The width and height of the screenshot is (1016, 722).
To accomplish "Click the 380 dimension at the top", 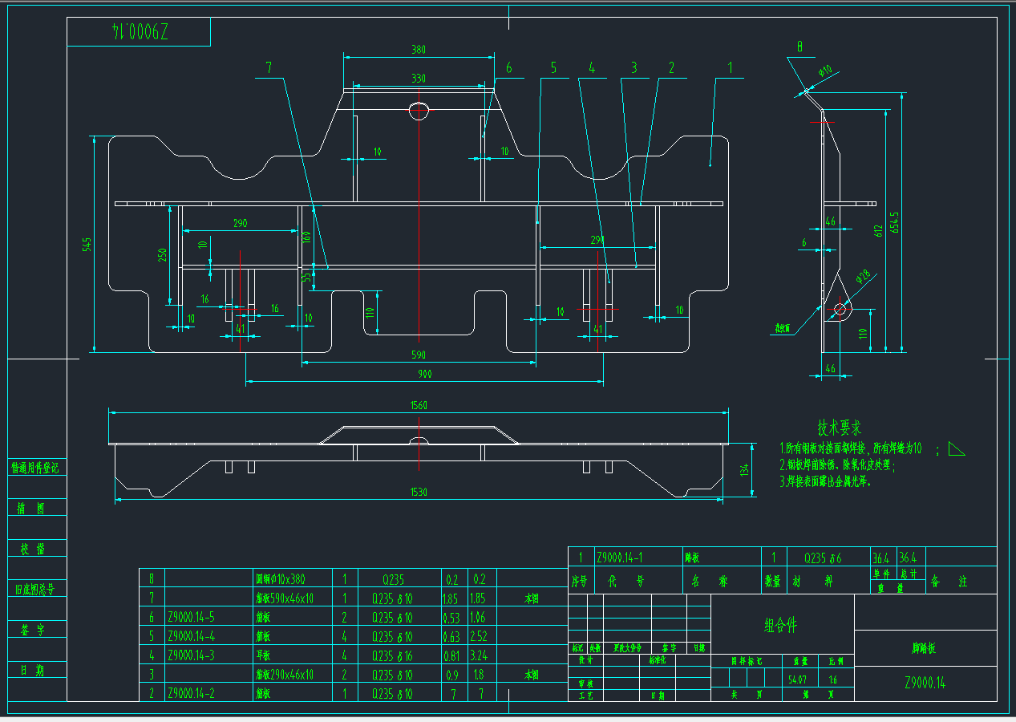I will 418,49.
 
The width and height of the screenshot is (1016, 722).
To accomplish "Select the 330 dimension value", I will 418,78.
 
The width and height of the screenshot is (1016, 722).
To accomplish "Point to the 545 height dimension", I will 88,243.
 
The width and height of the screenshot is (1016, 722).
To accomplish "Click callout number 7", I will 269,69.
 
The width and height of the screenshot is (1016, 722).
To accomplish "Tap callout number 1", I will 730,69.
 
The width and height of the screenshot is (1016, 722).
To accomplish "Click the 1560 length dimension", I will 418,405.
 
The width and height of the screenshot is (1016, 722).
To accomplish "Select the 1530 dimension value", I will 418,492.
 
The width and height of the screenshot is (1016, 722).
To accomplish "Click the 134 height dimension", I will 744,468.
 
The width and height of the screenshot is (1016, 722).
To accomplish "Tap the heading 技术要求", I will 840,428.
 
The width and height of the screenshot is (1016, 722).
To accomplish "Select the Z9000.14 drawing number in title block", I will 925,683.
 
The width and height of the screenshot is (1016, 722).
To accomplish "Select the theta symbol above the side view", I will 799,47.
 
